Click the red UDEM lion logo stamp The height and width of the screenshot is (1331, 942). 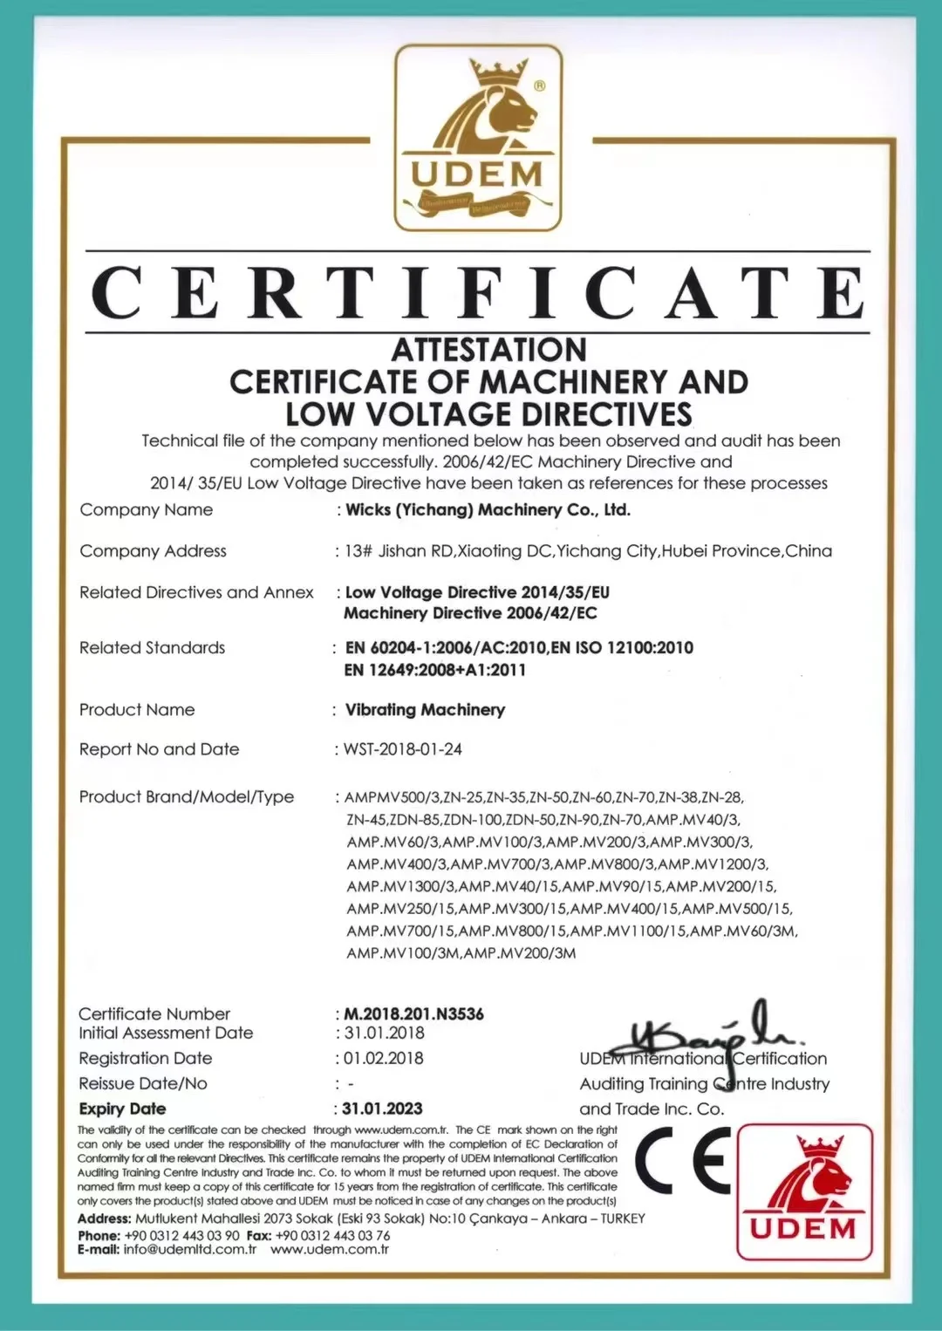tap(804, 1191)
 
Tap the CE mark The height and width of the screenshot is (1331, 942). tap(683, 1160)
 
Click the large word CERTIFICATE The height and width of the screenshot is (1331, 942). tap(478, 293)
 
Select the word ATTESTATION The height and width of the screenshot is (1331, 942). tap(488, 350)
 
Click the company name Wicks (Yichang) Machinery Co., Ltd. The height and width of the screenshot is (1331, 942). tap(488, 509)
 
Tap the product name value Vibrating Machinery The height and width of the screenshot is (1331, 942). tap(425, 710)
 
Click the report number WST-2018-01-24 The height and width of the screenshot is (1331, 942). tap(403, 749)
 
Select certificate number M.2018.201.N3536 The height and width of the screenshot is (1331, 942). tap(413, 1014)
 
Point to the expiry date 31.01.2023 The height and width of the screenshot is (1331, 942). tap(382, 1109)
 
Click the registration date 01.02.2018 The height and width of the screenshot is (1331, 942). tap(383, 1058)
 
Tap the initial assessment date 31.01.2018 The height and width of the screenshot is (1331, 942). tap(384, 1033)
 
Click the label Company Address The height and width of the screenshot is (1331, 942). tap(153, 551)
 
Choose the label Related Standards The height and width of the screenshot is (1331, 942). tap(152, 648)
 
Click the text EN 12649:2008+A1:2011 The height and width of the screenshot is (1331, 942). tap(435, 670)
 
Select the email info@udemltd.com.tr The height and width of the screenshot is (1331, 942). tap(190, 1249)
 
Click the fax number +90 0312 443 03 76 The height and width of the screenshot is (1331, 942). tap(332, 1235)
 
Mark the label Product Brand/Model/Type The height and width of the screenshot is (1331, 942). tap(187, 796)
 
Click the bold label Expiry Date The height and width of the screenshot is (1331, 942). tap(122, 1109)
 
